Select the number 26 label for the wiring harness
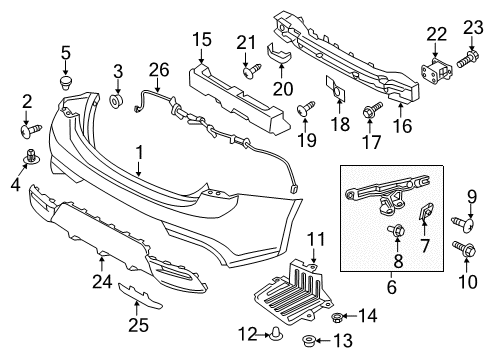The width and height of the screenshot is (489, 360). (x=154, y=70)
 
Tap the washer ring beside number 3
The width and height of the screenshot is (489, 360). (x=116, y=100)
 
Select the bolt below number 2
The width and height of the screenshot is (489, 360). (x=28, y=129)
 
